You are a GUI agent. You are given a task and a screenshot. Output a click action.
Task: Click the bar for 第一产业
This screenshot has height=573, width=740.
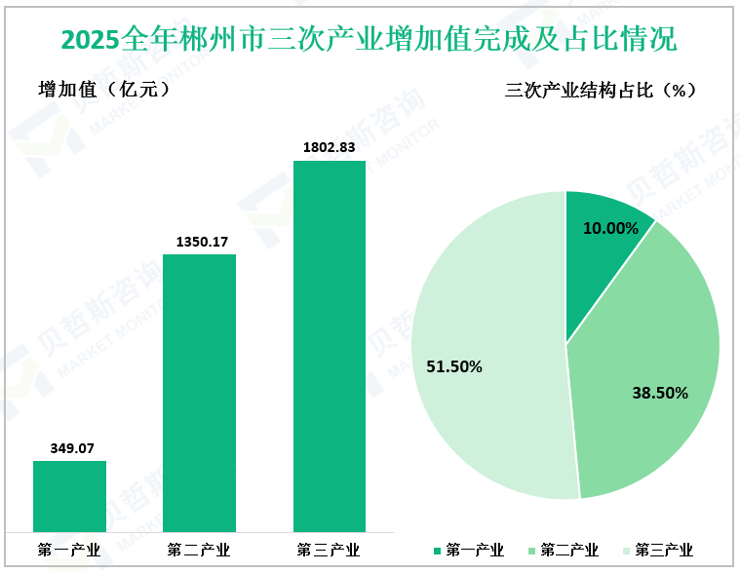(69, 496)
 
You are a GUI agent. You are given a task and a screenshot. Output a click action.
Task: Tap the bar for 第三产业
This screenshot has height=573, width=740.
(330, 346)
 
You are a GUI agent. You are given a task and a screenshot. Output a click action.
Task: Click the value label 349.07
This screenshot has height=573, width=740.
(70, 448)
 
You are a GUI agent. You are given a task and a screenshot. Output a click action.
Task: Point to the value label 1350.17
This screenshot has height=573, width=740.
(199, 241)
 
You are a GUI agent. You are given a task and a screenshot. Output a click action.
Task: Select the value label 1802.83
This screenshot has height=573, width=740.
(330, 147)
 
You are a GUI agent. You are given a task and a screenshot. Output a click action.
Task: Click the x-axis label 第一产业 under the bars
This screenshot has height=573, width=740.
(69, 550)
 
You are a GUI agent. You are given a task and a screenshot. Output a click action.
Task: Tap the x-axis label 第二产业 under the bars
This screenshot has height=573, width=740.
(199, 550)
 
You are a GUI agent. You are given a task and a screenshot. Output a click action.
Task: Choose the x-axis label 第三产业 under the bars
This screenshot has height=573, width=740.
(330, 550)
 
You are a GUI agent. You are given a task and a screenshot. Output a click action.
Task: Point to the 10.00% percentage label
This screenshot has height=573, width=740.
(611, 229)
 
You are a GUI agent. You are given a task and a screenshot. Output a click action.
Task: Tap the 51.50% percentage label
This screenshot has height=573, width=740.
(454, 366)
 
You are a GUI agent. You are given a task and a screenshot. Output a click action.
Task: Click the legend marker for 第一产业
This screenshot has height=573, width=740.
(438, 552)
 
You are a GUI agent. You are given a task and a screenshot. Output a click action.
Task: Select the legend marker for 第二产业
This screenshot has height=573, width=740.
(532, 552)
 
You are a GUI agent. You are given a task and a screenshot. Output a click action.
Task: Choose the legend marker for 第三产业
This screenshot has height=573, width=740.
(627, 552)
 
